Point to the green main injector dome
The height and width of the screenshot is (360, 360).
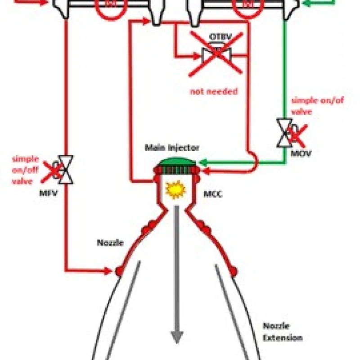click(176, 161)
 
